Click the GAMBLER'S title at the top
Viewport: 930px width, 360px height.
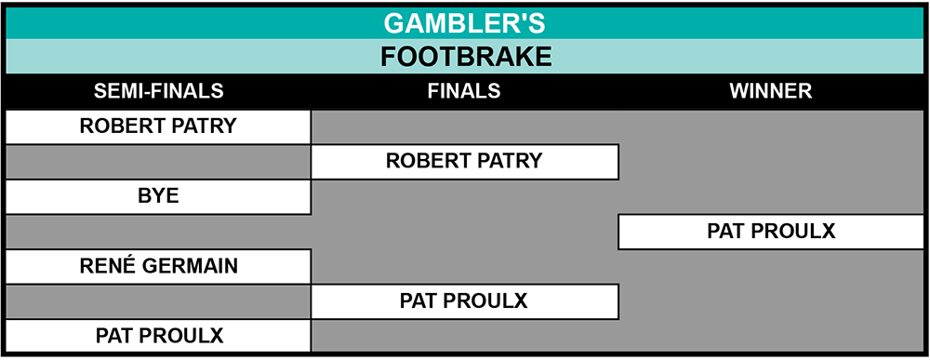coord(464,23)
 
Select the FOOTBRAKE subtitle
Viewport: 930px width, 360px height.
coord(466,57)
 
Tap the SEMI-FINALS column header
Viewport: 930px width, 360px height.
coord(158,91)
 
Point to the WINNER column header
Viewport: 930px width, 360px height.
coord(771,91)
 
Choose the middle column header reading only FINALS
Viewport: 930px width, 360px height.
coord(464,91)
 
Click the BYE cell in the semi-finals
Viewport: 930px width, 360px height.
coord(158,196)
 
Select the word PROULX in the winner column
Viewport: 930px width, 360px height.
coord(793,231)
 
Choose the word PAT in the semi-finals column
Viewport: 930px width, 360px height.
coord(114,336)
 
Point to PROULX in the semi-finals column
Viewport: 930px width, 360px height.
coord(182,336)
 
